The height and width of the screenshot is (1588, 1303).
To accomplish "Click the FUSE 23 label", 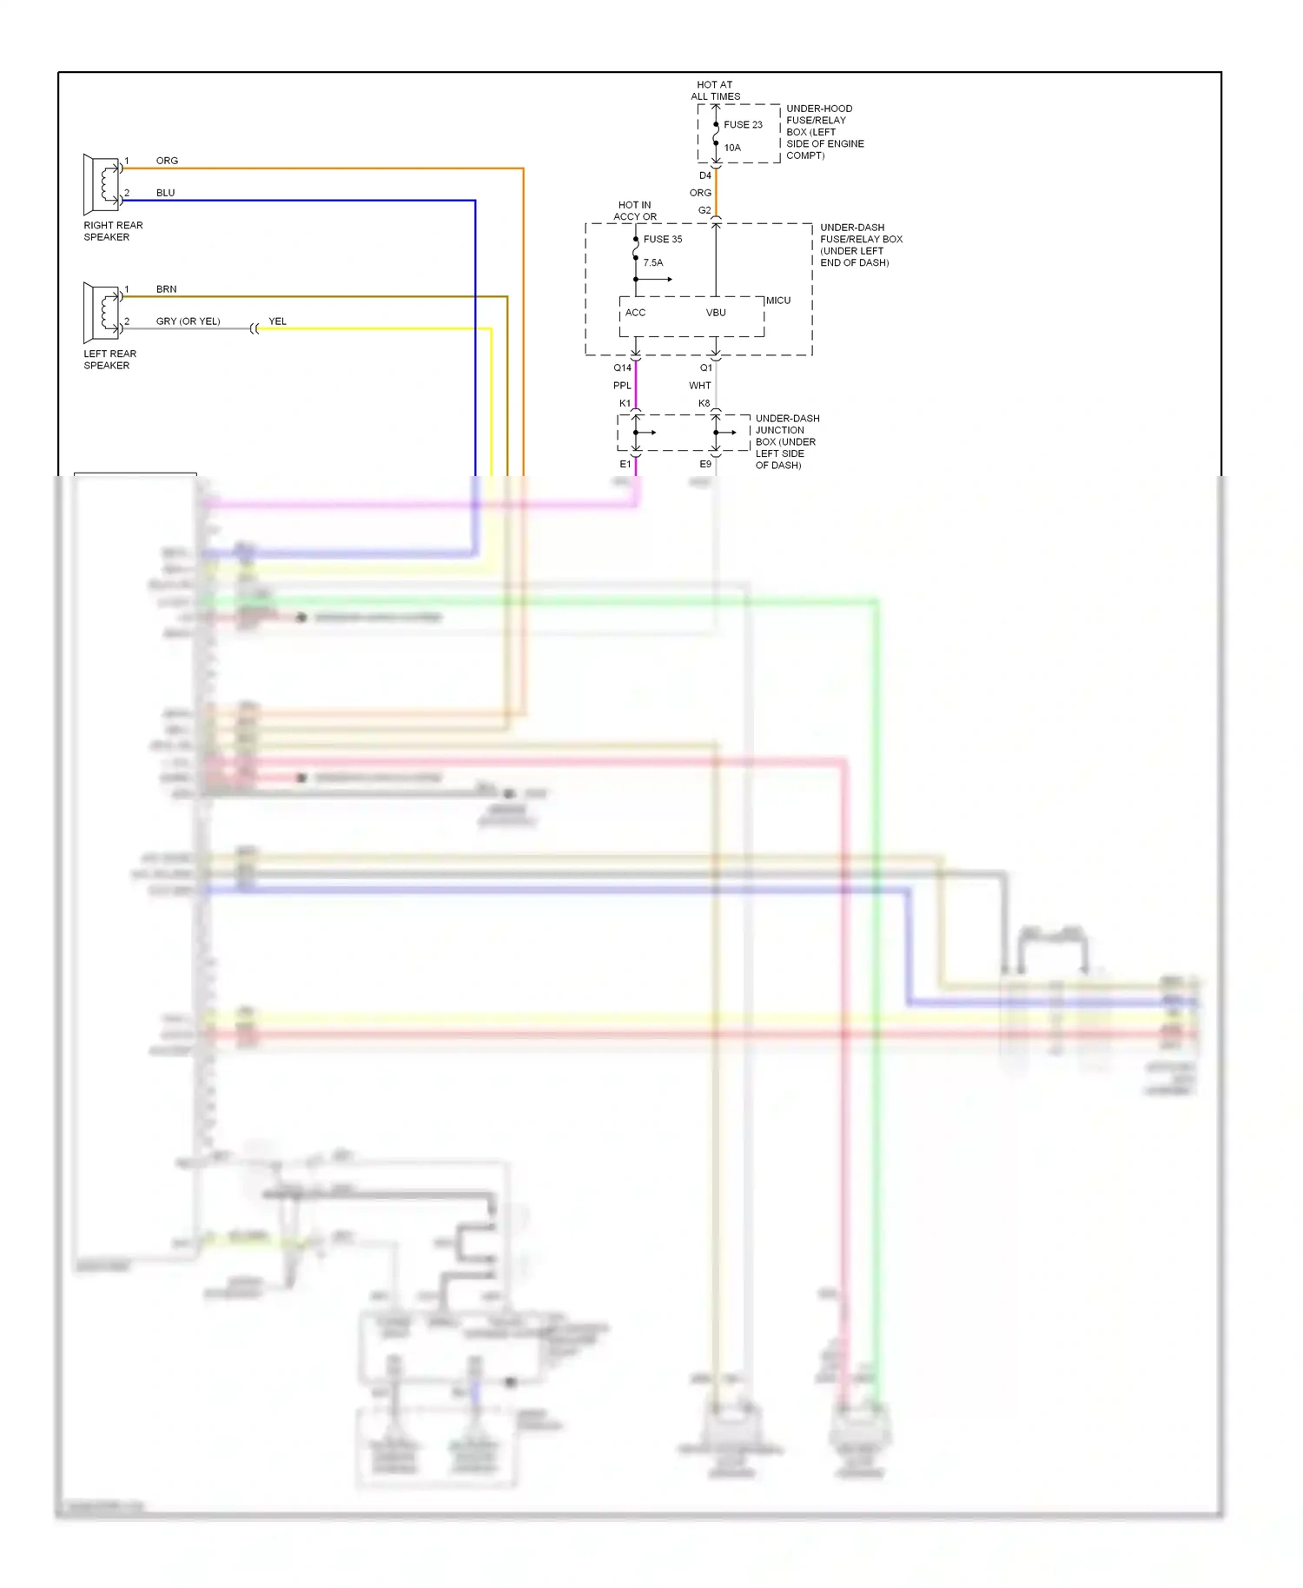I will pos(743,125).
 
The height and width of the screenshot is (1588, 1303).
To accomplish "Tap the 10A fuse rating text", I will pos(732,148).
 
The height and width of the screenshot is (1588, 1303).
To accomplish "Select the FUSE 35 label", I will pos(663,240).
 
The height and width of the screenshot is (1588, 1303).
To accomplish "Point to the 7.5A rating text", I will pos(653,263).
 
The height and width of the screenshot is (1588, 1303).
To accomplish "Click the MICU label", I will pos(778,301).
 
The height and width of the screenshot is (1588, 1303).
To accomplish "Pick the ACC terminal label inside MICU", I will pos(635,313).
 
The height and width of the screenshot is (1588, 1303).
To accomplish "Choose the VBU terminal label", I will pos(716,313).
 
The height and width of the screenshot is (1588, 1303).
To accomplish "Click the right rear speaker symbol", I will pos(102,184).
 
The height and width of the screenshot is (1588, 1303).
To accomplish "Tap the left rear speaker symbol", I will pos(102,313).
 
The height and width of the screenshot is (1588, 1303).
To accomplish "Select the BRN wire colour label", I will pos(166,289).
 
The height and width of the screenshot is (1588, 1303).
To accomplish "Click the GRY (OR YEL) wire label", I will pos(188,321).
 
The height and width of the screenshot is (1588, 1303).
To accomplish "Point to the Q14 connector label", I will pos(622,368).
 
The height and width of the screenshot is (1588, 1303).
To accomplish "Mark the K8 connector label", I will pos(704,404).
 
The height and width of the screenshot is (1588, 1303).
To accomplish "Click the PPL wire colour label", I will pos(622,386).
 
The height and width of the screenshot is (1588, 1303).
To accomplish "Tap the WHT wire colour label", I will pos(700,386).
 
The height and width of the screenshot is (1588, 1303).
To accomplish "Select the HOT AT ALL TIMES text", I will pos(715,91).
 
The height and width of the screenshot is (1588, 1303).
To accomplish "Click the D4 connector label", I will pos(704,176).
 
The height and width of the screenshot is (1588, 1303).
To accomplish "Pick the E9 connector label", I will pos(705,465).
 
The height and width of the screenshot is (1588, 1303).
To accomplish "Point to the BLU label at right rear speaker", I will pos(165,193).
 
